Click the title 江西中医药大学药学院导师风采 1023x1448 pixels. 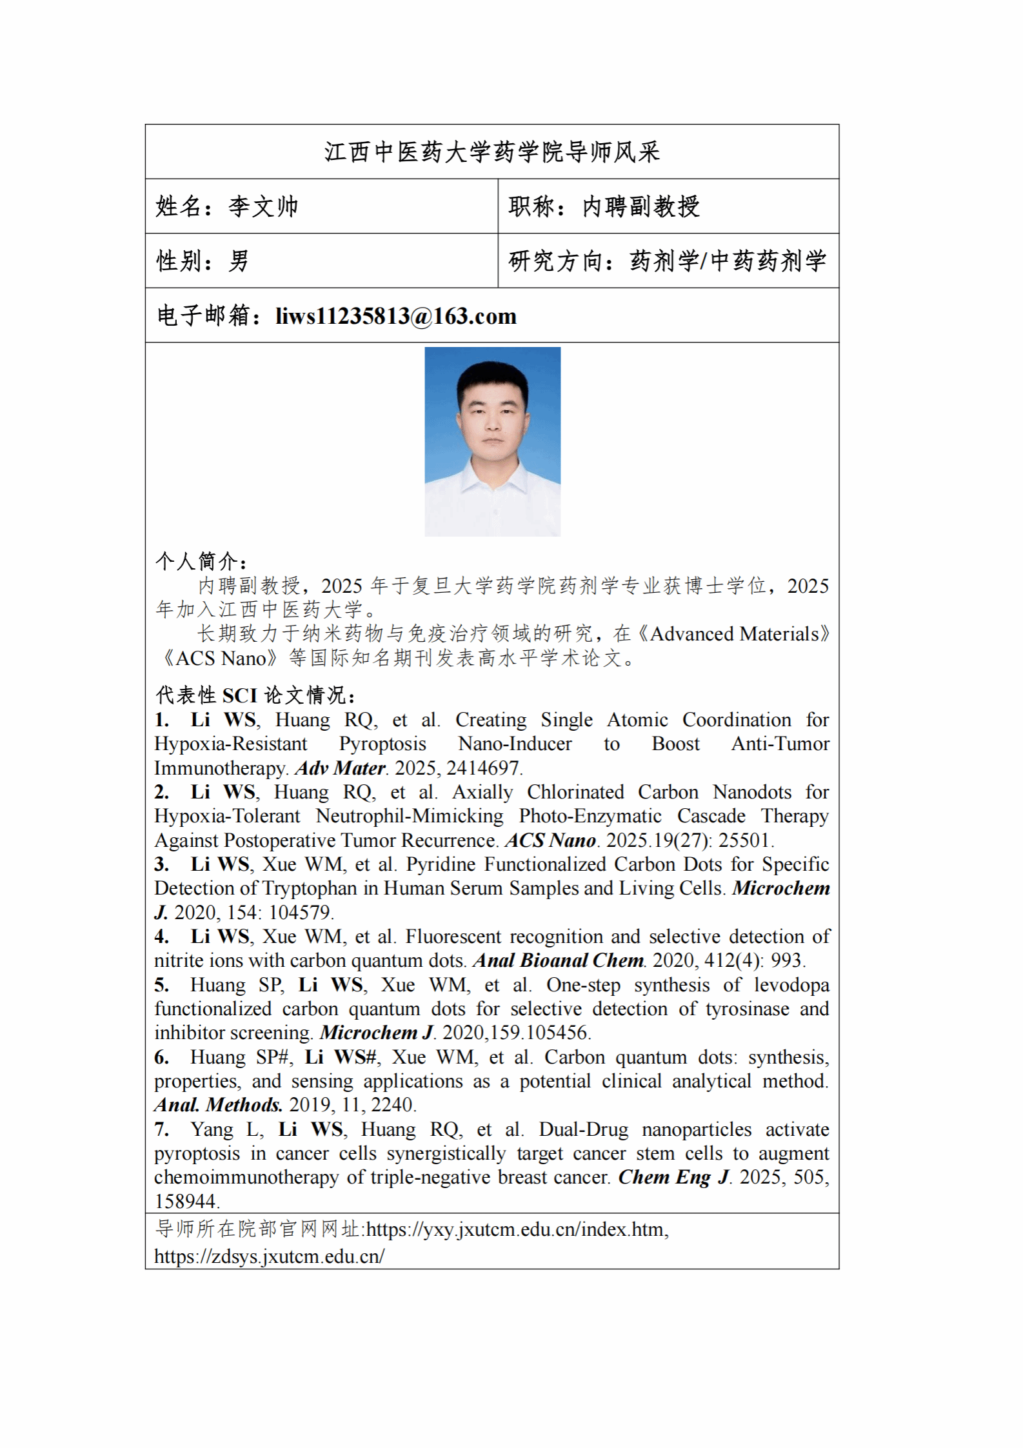(x=492, y=152)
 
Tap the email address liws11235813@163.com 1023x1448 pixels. (x=395, y=316)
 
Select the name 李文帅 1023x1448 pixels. (x=263, y=206)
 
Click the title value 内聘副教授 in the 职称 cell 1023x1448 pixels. (x=641, y=206)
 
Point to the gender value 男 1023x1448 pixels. (x=239, y=261)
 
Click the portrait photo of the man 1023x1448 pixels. (x=492, y=441)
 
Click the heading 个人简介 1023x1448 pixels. (x=201, y=561)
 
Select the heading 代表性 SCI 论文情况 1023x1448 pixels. (x=255, y=695)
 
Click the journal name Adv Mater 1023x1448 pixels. (x=341, y=768)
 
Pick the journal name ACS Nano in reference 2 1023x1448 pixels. (x=551, y=840)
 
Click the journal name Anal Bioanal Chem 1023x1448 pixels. (x=559, y=960)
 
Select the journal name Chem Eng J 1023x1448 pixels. (x=673, y=1177)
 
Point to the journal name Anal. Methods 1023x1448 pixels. (x=218, y=1105)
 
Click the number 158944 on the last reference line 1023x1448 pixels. (x=186, y=1201)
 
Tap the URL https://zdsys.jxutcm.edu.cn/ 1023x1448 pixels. (x=269, y=1256)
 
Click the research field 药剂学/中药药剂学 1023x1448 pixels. (x=728, y=261)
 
